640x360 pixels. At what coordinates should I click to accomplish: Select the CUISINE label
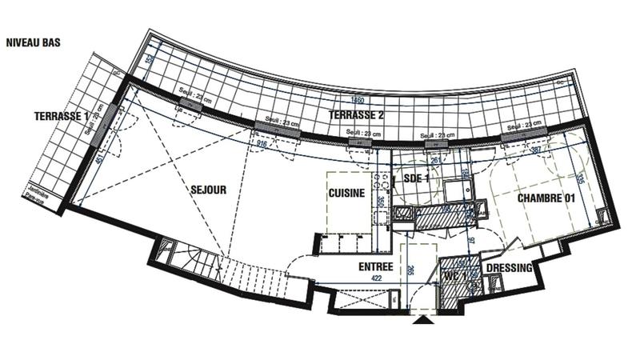(x=346, y=194)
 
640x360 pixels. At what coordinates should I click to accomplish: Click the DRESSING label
(x=509, y=269)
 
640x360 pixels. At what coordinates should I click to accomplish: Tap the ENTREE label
(x=353, y=267)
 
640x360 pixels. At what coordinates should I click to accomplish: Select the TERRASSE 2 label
(x=357, y=115)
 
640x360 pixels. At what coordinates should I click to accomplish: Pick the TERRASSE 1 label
(x=62, y=117)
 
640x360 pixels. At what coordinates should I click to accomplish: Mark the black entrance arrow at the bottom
(x=425, y=322)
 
